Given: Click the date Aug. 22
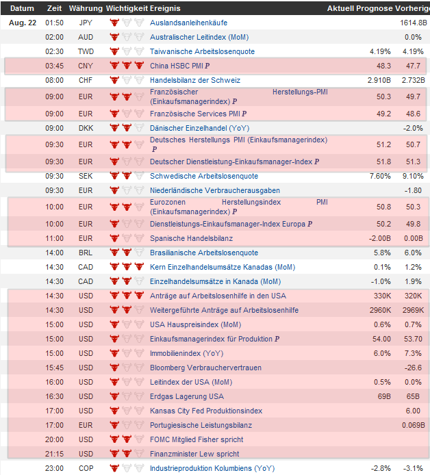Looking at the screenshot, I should pos(22,23).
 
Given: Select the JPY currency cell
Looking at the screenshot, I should pos(86,23).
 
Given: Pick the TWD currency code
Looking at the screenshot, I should pos(86,51).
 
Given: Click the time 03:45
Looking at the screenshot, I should pos(54,66).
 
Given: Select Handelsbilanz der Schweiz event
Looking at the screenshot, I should pos(195,80).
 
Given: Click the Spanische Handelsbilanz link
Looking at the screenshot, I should pos(191,238).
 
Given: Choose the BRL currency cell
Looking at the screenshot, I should pos(86,253).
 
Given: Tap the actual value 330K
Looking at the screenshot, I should pos(381,296).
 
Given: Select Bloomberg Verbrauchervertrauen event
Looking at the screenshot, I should pos(205,368).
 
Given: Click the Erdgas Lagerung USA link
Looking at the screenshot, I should pos(186,396).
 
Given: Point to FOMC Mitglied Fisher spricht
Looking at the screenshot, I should pos(196,439).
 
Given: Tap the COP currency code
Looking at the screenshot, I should pos(86,468).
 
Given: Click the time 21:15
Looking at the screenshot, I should pos(54,454).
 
